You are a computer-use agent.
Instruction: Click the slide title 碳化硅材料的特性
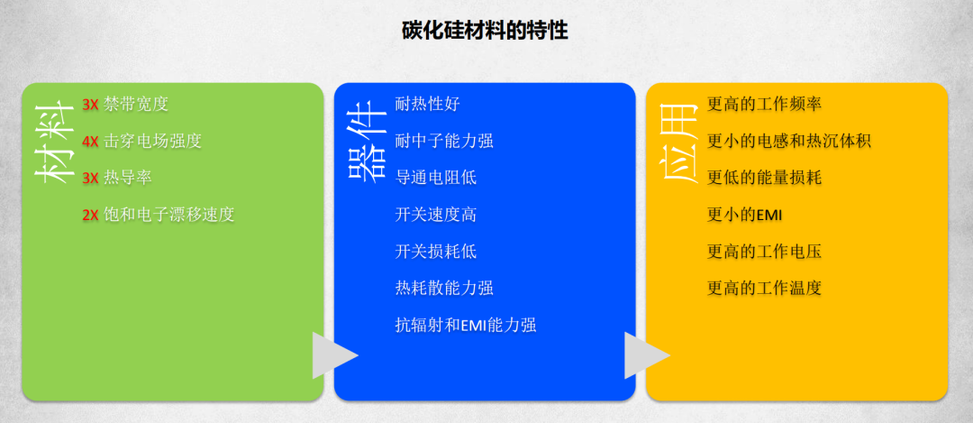(485, 31)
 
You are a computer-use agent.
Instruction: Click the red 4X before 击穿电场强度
(90, 141)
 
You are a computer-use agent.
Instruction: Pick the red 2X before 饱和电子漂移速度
(90, 215)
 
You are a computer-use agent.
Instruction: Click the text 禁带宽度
(136, 104)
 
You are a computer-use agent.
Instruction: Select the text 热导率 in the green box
(127, 178)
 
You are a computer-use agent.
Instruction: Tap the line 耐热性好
(427, 104)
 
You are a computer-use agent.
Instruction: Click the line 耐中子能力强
(444, 141)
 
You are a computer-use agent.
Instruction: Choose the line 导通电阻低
(435, 178)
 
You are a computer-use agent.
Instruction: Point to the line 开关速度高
(435, 215)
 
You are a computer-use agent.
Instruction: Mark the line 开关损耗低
(435, 252)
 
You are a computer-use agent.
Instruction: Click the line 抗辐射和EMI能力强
(466, 325)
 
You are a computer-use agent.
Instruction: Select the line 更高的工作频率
(764, 104)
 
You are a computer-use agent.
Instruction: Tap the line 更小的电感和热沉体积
(789, 141)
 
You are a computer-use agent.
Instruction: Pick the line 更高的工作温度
(764, 289)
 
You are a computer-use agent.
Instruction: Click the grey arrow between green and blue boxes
(332, 355)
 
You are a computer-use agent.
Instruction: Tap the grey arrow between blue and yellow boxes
(643, 355)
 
